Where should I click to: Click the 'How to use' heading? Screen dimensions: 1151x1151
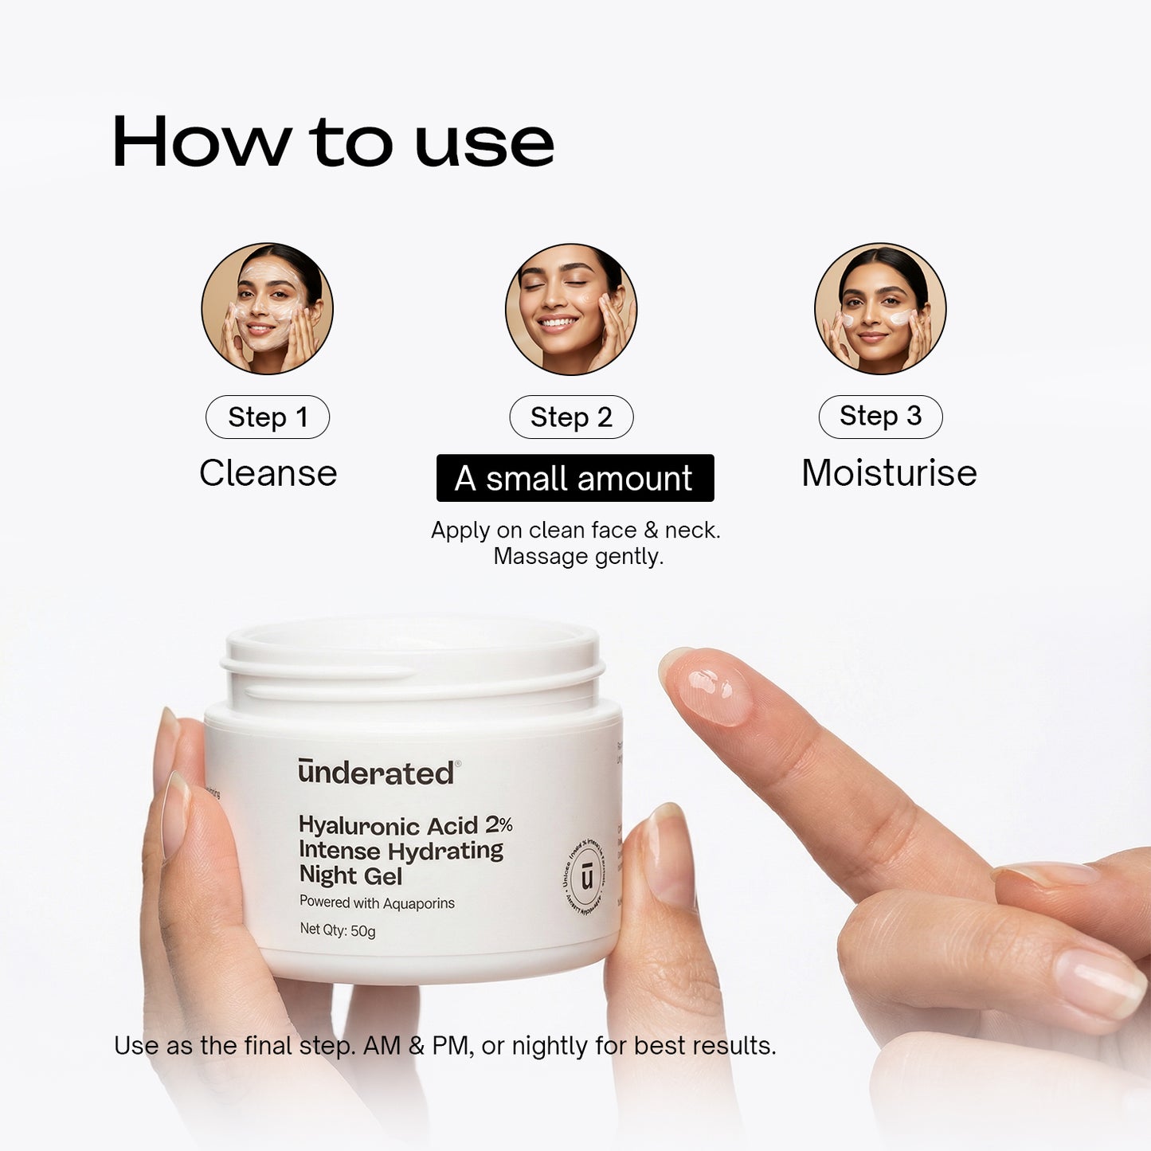333,143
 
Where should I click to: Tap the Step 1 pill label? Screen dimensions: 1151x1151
268,417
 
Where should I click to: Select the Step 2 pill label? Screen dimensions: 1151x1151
571,417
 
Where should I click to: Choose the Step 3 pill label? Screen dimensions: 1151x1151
880,416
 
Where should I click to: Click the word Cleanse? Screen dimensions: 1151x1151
268,473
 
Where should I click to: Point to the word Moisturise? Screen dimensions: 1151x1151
889,473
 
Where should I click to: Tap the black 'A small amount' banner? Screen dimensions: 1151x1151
574,478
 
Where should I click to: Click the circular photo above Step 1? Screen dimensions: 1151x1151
268,309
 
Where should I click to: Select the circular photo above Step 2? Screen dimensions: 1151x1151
571,309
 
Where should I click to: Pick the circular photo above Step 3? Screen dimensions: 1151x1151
880,309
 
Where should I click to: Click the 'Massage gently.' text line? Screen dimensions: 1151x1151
578,557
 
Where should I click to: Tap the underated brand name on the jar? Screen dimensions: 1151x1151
377,773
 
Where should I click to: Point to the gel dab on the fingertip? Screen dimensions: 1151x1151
714,689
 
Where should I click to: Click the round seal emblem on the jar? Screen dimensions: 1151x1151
587,877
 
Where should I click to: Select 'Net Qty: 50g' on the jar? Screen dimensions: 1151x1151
337,930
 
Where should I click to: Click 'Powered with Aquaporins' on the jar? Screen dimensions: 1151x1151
377,902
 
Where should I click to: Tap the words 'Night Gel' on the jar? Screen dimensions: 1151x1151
350,876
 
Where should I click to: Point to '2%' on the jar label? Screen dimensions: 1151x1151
499,824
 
